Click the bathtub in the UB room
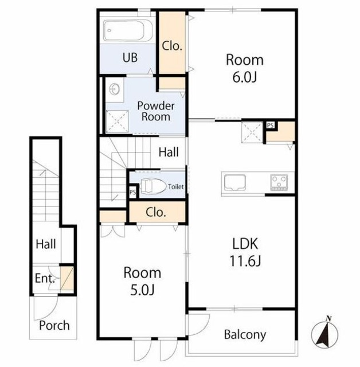(128, 30)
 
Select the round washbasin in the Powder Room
(115, 89)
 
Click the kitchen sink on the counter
(234, 182)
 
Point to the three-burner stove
(279, 182)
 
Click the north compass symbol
(324, 333)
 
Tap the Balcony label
(245, 335)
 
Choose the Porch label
(54, 326)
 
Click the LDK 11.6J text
(245, 252)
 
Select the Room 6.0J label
(245, 68)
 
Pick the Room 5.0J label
(142, 281)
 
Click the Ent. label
(45, 279)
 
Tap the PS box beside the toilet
(132, 192)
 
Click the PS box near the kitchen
(271, 125)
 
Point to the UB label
(130, 57)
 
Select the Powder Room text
(156, 111)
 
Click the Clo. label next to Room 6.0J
(172, 46)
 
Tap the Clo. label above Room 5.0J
(156, 213)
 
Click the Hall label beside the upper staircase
(169, 152)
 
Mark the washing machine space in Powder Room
(117, 122)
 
